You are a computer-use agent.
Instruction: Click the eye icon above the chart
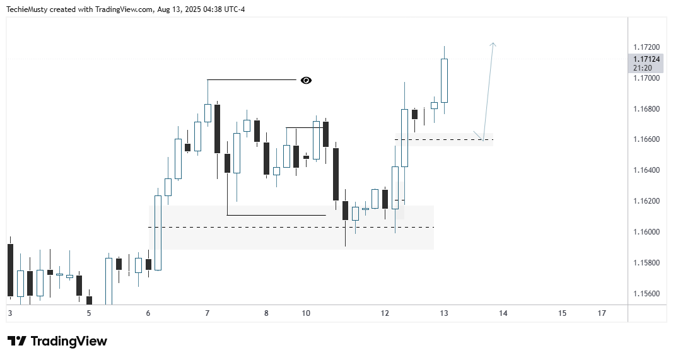[306, 80]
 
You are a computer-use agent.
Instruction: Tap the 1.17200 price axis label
[647, 47]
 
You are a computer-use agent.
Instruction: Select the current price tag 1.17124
[647, 59]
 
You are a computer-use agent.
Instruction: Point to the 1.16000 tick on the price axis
[647, 232]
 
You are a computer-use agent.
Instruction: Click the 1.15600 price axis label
[647, 294]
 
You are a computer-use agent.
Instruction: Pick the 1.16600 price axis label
[647, 139]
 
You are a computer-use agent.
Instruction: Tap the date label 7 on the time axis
[207, 313]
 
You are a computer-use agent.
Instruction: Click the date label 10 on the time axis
[306, 313]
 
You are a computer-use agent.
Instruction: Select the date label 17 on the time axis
[602, 313]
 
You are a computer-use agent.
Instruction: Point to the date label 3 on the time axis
[9, 313]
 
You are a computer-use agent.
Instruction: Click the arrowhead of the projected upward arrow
[493, 44]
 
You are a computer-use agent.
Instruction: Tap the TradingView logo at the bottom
[57, 341]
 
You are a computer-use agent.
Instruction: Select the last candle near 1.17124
[444, 80]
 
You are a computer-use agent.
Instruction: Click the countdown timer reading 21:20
[643, 67]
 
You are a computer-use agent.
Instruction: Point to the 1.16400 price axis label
[647, 170]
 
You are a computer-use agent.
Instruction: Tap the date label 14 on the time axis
[503, 313]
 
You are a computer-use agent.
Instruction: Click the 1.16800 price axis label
[647, 109]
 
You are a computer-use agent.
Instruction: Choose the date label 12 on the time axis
[385, 313]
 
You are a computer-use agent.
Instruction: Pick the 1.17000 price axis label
[647, 78]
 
